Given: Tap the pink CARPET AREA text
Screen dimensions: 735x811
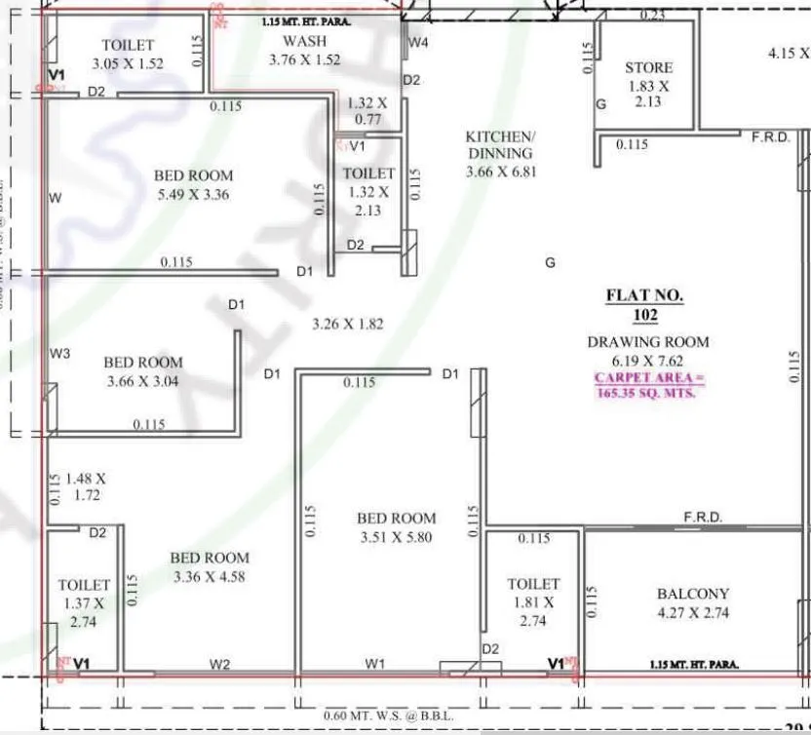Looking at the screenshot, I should (x=648, y=385).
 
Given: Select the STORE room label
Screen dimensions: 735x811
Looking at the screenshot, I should (x=648, y=67).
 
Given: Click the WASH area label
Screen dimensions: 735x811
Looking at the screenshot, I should (x=305, y=41).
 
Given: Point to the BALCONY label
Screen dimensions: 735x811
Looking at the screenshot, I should (x=692, y=594).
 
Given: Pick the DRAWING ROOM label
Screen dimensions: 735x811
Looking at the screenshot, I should (x=647, y=342).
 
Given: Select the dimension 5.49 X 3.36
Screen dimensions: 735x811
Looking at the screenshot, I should (x=193, y=194).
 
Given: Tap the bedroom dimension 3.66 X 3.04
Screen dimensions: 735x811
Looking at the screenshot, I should (x=143, y=381).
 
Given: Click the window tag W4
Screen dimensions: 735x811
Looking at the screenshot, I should (x=418, y=43).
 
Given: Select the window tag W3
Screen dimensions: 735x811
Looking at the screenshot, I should (x=60, y=354).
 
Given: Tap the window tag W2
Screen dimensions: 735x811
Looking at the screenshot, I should (x=220, y=665).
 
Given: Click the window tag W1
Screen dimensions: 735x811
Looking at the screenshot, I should (x=375, y=665).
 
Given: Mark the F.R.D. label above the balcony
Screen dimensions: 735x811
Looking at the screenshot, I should (x=702, y=518).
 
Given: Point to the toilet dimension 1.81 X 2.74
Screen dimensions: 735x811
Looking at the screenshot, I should (x=533, y=611).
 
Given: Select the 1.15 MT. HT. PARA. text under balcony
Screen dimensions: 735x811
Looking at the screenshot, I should (x=693, y=665).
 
